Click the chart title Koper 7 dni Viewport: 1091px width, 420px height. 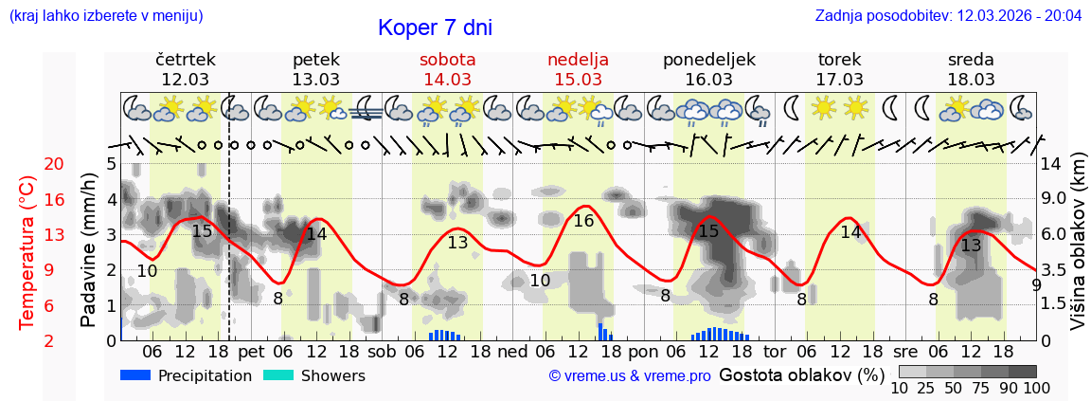click(435, 27)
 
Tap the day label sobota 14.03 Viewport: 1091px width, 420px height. click(447, 69)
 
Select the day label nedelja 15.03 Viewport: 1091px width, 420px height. click(578, 69)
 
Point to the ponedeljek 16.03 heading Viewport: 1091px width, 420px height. click(708, 69)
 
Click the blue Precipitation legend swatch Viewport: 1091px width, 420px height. click(135, 375)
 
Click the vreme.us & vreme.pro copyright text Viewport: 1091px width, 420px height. click(630, 376)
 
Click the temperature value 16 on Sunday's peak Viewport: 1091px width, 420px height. click(583, 221)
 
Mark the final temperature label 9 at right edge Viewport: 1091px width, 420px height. click(1036, 284)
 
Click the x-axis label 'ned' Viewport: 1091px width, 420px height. click(512, 351)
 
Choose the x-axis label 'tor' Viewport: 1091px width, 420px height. click(775, 351)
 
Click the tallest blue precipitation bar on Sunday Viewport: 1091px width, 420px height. click(600, 331)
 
